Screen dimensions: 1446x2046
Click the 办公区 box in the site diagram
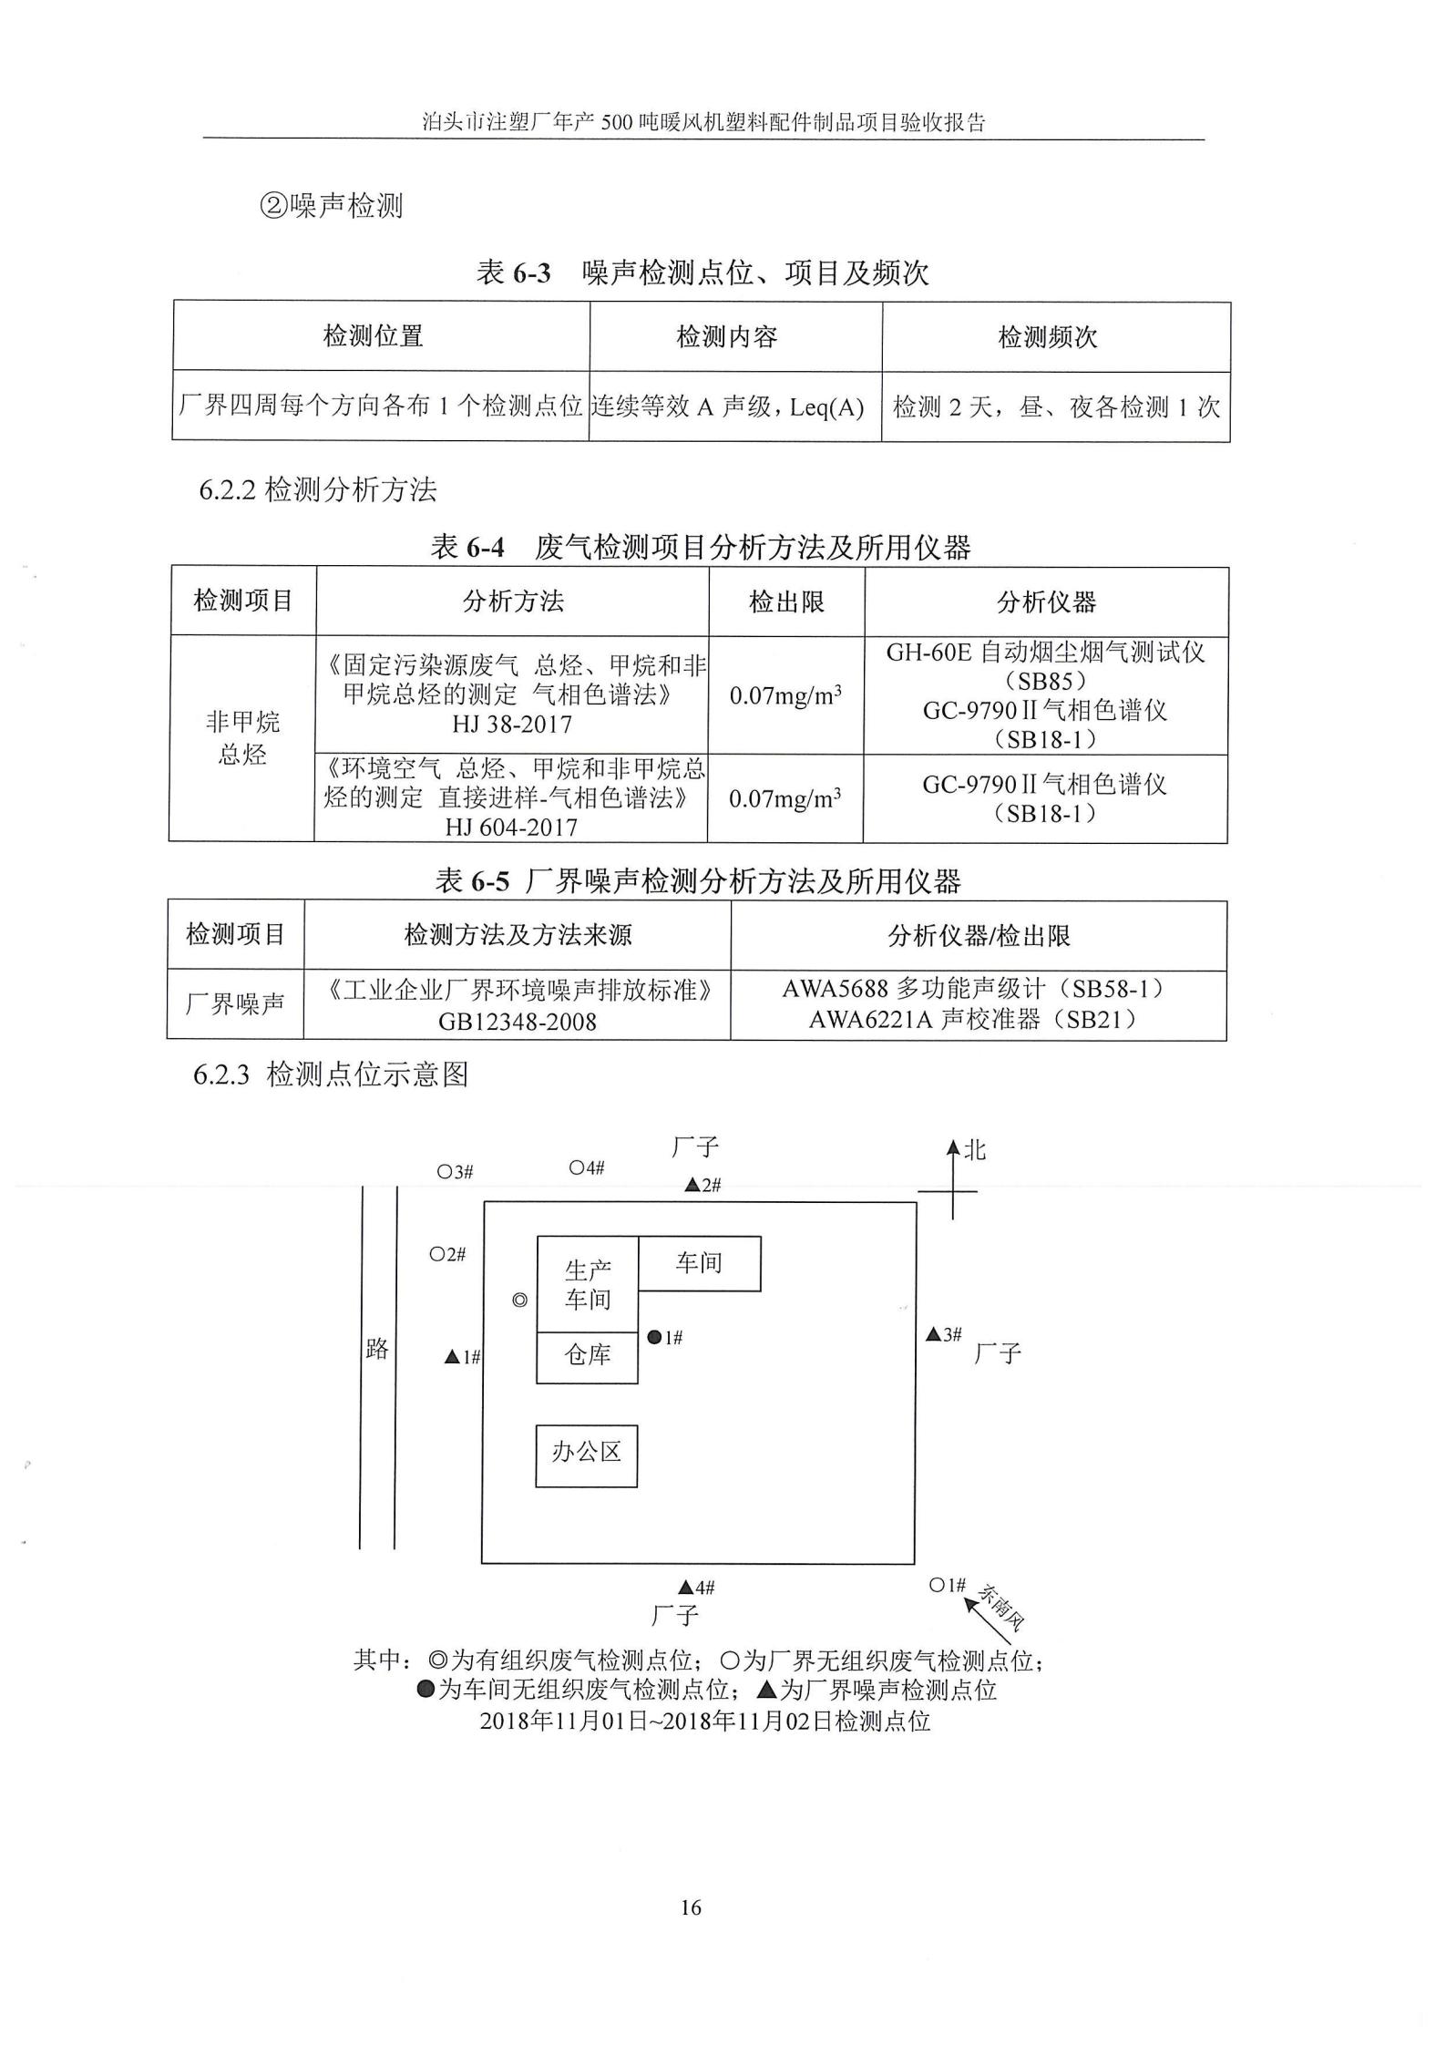pyautogui.click(x=586, y=1455)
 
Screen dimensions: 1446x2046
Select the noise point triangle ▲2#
pyautogui.click(x=692, y=1186)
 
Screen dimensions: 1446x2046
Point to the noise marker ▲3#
pyautogui.click(x=933, y=1334)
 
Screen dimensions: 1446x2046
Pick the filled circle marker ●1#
pyautogui.click(x=654, y=1338)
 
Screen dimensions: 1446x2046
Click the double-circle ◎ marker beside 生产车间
pyautogui.click(x=519, y=1301)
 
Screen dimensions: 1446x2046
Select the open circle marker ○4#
pyautogui.click(x=577, y=1167)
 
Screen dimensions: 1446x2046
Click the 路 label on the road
pyautogui.click(x=377, y=1349)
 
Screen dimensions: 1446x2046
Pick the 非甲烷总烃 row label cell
pyautogui.click(x=242, y=738)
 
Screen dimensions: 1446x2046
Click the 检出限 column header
pyautogui.click(x=786, y=601)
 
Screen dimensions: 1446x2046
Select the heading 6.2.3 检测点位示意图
pyautogui.click(x=332, y=1074)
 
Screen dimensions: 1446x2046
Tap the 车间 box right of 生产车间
pyautogui.click(x=699, y=1263)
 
